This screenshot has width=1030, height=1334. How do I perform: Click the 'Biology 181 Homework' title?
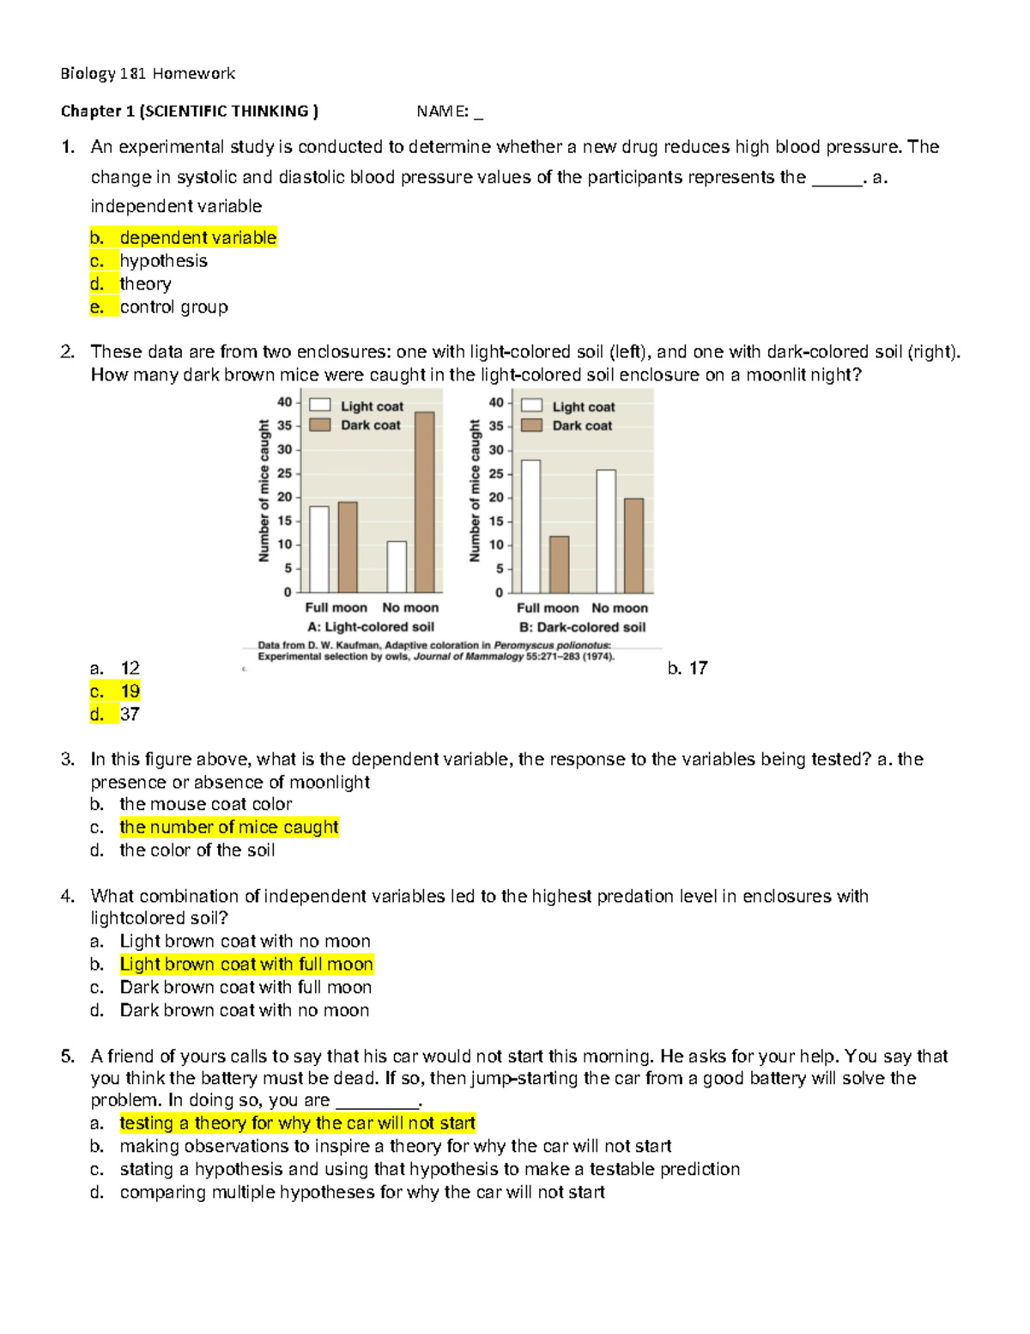(148, 74)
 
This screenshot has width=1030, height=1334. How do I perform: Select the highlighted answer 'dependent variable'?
(197, 238)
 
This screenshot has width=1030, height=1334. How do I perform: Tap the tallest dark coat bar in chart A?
(424, 502)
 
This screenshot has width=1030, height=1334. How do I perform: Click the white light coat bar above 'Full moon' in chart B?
(530, 526)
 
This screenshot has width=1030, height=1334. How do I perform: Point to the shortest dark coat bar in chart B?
(559, 564)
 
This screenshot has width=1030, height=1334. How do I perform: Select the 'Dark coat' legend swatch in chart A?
(320, 425)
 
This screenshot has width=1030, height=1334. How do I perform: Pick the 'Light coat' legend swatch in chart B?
(531, 406)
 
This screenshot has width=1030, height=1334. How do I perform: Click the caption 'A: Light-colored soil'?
(371, 627)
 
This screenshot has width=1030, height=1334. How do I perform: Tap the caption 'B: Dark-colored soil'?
(582, 628)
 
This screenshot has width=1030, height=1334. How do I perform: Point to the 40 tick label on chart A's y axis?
(284, 402)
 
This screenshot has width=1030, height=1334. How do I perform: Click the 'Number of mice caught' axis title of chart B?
(475, 491)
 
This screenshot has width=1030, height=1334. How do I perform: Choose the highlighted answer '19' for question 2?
(130, 691)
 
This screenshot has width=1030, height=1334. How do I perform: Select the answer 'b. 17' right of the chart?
(687, 668)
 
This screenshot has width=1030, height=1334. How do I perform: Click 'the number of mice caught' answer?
(229, 827)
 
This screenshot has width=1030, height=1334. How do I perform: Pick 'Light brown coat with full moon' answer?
(246, 965)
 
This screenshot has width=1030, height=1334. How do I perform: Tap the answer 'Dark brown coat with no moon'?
(245, 1010)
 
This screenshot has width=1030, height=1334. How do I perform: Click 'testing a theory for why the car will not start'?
(297, 1124)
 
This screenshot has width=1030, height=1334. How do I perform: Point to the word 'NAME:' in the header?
(442, 112)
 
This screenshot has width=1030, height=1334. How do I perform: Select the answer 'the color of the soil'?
(197, 850)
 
